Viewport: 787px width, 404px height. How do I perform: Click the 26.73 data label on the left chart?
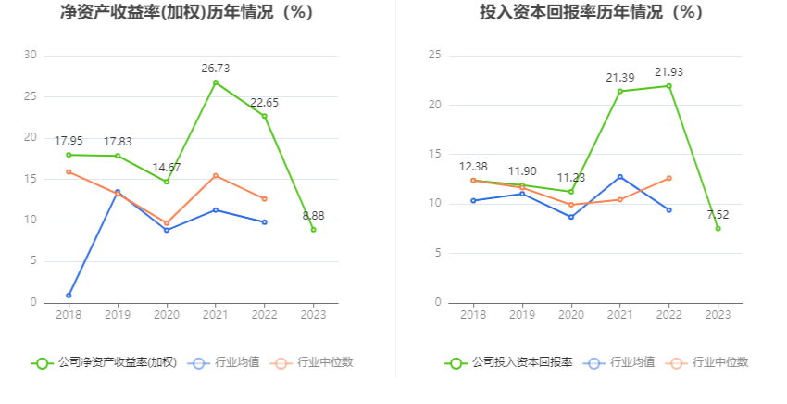coord(216,68)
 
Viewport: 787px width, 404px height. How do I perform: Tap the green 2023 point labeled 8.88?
coord(313,229)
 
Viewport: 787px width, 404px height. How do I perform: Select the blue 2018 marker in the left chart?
coord(69,295)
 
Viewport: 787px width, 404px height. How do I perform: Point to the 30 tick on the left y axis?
coord(30,56)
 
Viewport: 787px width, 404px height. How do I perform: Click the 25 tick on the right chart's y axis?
coord(434,56)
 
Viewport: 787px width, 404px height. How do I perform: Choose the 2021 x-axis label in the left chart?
coord(216,315)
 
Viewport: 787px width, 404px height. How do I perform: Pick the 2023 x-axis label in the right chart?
coord(718,315)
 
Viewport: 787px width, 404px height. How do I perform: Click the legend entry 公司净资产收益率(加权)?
coord(104,362)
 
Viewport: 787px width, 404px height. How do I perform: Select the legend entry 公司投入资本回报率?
coord(509,362)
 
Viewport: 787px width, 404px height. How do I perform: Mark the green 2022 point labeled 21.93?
coord(668,86)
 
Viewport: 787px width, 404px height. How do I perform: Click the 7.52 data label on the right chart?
coord(718,215)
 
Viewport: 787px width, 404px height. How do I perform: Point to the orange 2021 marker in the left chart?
coord(216,175)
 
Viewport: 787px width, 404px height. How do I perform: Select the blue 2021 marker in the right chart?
coord(620,176)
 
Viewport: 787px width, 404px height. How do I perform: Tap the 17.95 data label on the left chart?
coord(69,140)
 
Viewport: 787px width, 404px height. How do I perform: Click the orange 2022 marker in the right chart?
coord(668,178)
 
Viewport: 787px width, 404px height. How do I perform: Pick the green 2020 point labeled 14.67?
coord(167,182)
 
